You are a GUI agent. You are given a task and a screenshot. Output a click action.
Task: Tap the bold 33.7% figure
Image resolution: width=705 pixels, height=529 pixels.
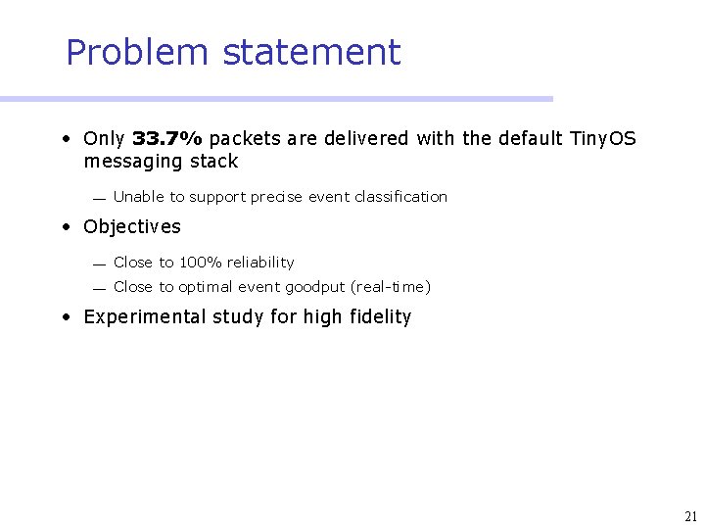[x=166, y=139]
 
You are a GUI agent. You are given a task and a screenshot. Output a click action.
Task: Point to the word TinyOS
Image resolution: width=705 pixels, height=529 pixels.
[x=602, y=139]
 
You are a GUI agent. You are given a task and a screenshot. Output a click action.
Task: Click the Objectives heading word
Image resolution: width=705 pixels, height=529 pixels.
[x=132, y=227]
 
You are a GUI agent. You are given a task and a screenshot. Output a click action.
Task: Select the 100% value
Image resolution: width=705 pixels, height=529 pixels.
[x=200, y=263]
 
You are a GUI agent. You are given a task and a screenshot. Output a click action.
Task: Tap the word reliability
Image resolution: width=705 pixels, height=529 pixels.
[x=260, y=263]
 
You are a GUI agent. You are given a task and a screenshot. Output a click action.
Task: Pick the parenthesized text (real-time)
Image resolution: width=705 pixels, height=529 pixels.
[x=391, y=287]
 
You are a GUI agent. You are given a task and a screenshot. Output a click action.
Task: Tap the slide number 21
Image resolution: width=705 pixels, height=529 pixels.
[x=691, y=516]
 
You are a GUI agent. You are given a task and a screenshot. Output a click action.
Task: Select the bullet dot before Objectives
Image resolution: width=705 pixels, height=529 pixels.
[x=64, y=227]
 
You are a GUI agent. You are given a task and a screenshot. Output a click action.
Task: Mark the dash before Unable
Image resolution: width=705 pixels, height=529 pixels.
[x=99, y=199]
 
